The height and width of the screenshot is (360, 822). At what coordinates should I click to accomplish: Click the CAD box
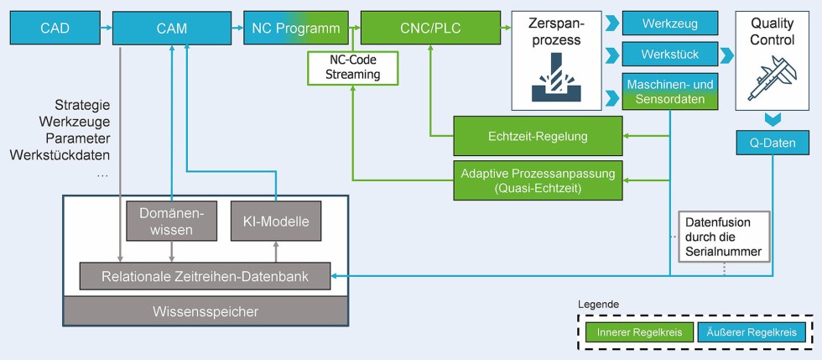tap(55, 29)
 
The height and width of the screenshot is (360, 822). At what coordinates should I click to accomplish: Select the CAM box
tap(171, 29)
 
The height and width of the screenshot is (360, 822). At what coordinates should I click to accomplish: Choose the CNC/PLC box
tap(429, 29)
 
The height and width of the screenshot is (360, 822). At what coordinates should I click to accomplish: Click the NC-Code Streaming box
tap(352, 67)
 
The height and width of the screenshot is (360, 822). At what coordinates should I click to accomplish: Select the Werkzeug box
tap(670, 23)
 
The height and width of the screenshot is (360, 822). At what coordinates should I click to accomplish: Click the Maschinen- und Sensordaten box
tap(670, 91)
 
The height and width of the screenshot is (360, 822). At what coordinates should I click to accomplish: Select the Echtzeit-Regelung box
tap(538, 134)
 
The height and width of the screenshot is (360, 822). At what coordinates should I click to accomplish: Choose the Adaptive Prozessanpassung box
tap(538, 180)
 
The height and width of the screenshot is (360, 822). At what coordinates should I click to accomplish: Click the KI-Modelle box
tap(275, 222)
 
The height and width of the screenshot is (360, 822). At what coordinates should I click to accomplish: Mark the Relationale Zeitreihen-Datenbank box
tap(205, 275)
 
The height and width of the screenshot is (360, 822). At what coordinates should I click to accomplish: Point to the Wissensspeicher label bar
tap(205, 311)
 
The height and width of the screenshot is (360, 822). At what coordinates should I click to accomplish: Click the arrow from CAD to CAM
tap(106, 29)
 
